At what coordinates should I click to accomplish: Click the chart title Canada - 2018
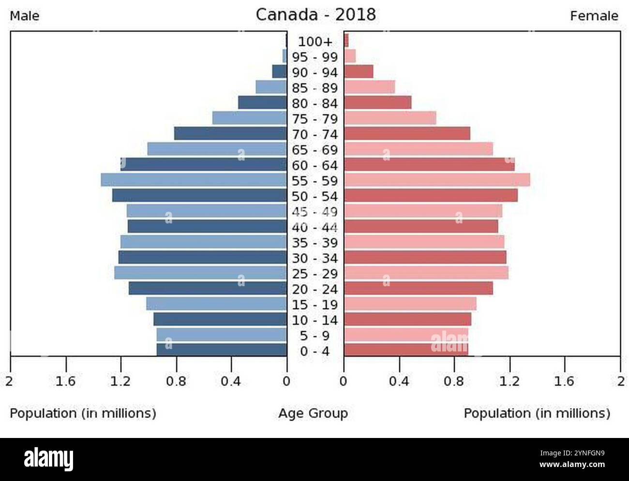(x=315, y=15)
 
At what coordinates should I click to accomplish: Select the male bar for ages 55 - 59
(x=194, y=180)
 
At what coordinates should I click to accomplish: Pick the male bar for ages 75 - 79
(x=249, y=118)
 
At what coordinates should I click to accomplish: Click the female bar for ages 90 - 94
(x=359, y=72)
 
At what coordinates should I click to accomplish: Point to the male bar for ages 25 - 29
(x=200, y=273)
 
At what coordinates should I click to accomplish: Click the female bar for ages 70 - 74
(x=407, y=133)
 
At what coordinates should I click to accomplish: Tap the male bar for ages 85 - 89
(x=271, y=87)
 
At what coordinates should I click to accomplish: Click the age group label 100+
(x=315, y=42)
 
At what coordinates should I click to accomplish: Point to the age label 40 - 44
(x=315, y=227)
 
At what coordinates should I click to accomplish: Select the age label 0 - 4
(x=315, y=351)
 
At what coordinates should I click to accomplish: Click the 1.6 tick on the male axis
(x=65, y=381)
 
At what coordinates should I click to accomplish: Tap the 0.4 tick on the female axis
(x=399, y=381)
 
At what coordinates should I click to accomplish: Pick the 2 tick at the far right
(x=621, y=381)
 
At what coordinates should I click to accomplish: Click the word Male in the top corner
(x=25, y=16)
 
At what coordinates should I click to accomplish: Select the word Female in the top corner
(x=594, y=16)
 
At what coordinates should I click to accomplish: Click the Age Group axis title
(x=313, y=413)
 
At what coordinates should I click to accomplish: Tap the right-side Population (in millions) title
(x=537, y=413)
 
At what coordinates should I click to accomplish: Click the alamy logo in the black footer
(x=49, y=459)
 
